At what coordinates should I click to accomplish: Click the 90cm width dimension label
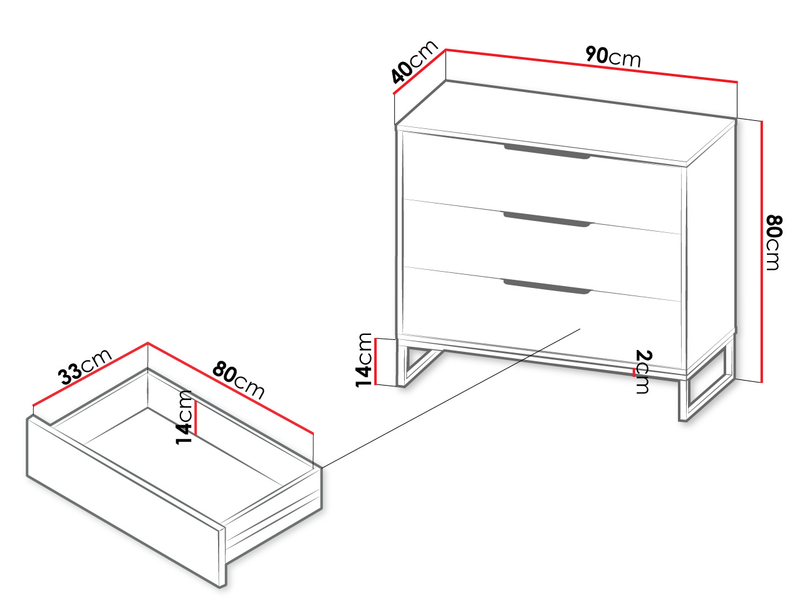coord(613,56)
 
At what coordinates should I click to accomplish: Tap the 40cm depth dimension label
coord(414,61)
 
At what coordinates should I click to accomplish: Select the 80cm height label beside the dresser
coord(774,243)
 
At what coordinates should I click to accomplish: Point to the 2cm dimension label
coord(643,371)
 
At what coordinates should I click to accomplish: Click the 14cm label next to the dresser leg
coord(364,360)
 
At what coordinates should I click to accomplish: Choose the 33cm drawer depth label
coord(85,367)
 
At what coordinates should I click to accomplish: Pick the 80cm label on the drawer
coord(238,380)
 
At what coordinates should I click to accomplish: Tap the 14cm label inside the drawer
coord(184,418)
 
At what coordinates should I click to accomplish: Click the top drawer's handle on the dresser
coord(547,152)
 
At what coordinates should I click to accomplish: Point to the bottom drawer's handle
coord(547,287)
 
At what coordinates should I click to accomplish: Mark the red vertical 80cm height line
coord(762,252)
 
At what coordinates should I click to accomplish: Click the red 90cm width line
coord(591,66)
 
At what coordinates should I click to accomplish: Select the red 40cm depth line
coord(419,71)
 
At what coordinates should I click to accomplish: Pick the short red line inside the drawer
coord(196,418)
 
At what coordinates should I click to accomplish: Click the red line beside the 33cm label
coord(90,374)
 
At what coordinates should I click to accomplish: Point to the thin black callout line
coord(451,398)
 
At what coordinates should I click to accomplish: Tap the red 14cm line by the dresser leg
coord(375,362)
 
